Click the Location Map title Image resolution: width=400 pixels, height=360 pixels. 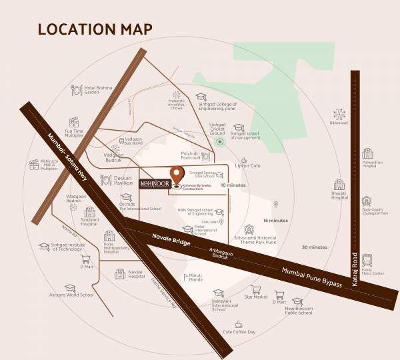[95, 29]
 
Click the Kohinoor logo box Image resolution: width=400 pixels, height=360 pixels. [153, 181]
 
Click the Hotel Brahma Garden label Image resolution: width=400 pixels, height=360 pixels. [104, 89]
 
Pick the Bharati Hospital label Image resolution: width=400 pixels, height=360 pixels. [340, 197]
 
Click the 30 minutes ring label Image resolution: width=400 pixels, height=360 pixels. [314, 247]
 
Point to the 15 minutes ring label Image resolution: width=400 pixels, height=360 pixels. [275, 220]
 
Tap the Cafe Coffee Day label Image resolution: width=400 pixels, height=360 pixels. [239, 331]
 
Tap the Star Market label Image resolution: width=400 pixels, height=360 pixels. [256, 296]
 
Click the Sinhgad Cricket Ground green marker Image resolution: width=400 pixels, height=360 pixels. [219, 141]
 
